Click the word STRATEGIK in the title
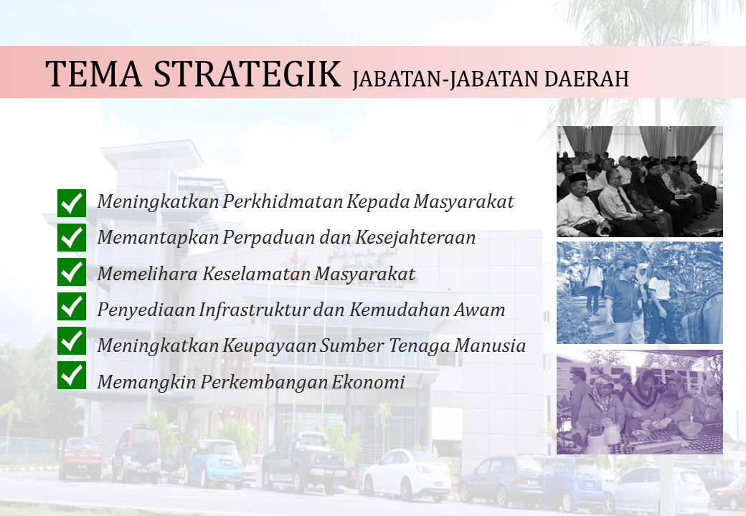click(247, 74)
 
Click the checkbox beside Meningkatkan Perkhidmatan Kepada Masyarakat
click(72, 203)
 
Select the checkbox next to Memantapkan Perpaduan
click(72, 237)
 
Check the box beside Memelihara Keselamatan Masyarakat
click(72, 272)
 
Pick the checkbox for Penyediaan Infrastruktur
click(72, 306)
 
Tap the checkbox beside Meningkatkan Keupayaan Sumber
click(72, 340)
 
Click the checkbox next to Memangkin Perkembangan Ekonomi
click(72, 375)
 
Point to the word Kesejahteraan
click(415, 237)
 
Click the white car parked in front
click(407, 475)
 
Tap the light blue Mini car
click(214, 462)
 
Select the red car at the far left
click(80, 458)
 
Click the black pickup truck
click(304, 460)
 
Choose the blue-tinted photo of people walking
click(639, 292)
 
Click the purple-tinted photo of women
click(639, 402)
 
